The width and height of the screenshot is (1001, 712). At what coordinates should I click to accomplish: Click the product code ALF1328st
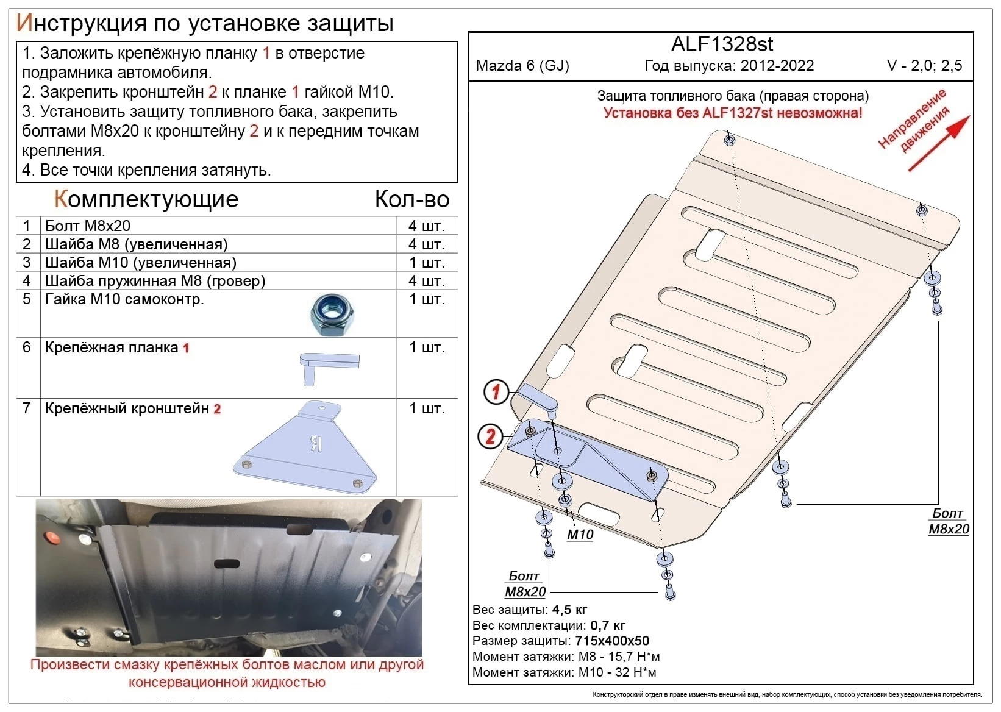(722, 44)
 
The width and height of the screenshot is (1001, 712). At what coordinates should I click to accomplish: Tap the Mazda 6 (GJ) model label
(522, 66)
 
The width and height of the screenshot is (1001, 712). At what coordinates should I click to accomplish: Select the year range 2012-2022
(777, 66)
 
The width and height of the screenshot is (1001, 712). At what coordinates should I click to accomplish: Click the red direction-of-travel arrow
(938, 143)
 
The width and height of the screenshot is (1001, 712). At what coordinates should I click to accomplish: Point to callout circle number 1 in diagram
(496, 392)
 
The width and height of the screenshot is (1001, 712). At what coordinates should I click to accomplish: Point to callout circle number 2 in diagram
(490, 436)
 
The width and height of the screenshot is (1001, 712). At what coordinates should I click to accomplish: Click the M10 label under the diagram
(580, 535)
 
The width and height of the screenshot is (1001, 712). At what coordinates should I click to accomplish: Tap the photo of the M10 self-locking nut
(332, 315)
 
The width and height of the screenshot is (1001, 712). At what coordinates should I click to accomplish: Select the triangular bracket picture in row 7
(305, 447)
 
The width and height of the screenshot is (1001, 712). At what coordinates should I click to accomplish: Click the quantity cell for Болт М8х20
(427, 226)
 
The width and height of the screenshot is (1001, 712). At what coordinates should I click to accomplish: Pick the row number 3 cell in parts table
(27, 262)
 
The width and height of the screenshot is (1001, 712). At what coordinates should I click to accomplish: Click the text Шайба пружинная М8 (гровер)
(155, 280)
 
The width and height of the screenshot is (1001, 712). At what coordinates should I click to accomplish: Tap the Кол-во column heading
(411, 199)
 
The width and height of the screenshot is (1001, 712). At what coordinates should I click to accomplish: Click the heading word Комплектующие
(146, 199)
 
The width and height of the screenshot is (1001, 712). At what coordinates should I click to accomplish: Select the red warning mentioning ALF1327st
(733, 113)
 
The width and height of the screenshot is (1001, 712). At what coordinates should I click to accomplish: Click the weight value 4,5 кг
(569, 609)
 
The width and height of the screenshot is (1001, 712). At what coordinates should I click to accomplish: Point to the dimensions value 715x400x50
(612, 641)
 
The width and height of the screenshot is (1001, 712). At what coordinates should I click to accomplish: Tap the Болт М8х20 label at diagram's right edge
(949, 521)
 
